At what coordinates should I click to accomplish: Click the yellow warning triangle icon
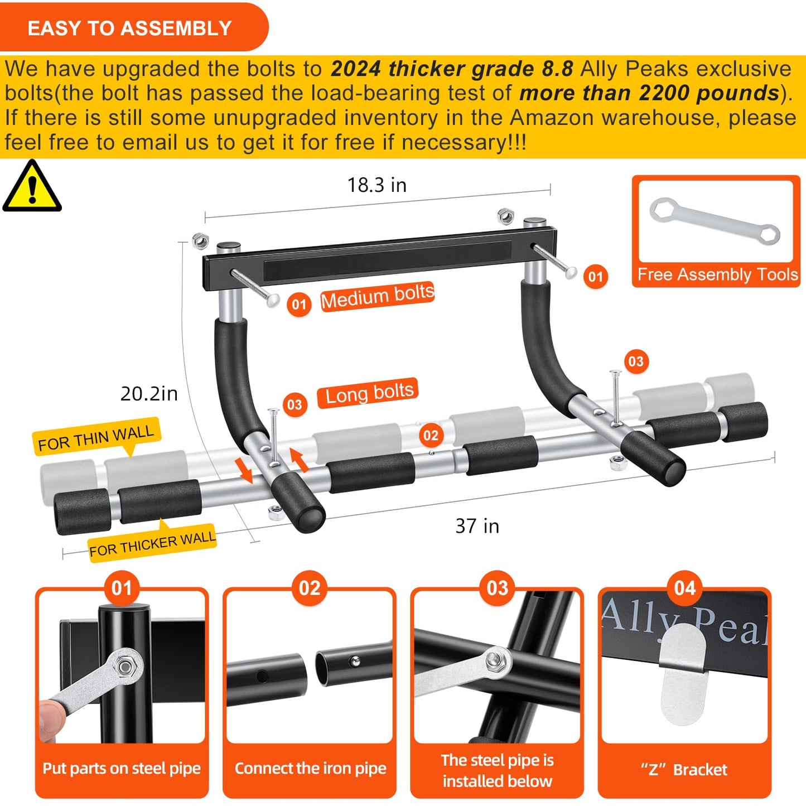[32, 187]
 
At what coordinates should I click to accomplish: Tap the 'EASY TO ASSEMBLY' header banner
[129, 28]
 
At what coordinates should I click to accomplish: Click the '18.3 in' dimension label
[377, 185]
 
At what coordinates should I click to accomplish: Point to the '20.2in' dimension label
[149, 394]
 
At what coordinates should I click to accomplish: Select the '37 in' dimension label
[477, 526]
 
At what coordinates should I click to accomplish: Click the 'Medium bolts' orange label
[377, 296]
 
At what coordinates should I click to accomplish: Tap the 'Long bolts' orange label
[369, 394]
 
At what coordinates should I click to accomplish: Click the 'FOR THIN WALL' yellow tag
[96, 437]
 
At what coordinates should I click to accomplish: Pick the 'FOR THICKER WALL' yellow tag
[152, 543]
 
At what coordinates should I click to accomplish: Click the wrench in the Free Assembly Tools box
[715, 221]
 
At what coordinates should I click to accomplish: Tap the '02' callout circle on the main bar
[431, 436]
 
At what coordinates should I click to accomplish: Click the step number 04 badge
[684, 588]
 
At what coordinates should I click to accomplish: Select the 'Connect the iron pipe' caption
[310, 769]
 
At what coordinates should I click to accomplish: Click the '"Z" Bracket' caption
[684, 770]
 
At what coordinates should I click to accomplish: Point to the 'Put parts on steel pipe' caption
[122, 769]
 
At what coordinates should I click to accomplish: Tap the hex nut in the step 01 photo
[126, 665]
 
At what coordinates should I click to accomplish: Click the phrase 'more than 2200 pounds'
[649, 93]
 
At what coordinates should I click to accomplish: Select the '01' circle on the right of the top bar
[595, 276]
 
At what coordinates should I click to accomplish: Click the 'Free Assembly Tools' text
[717, 274]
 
